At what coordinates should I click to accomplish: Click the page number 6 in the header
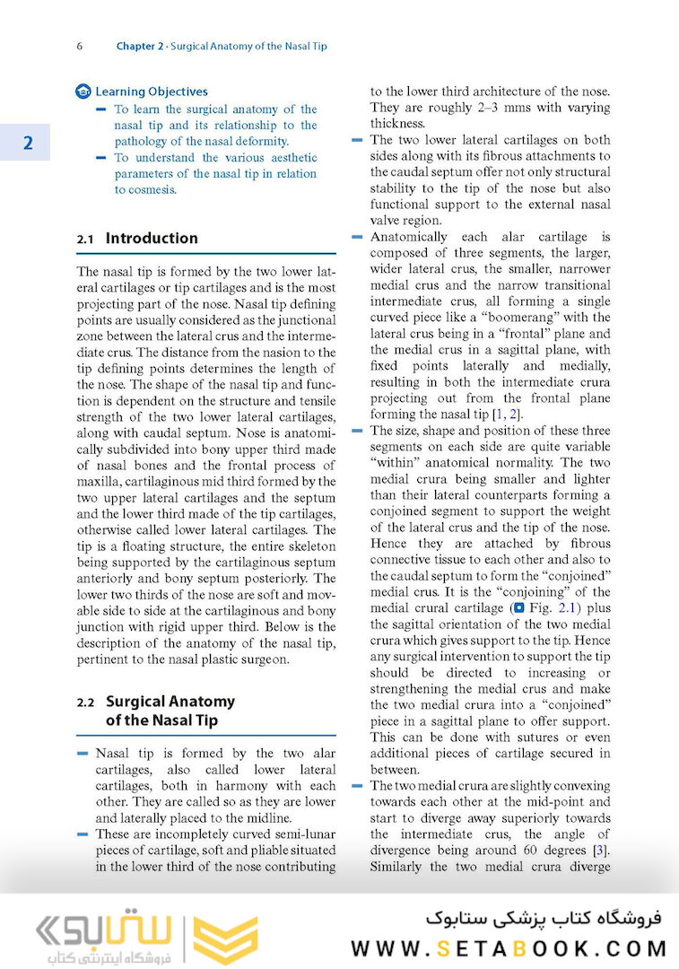pyautogui.click(x=80, y=46)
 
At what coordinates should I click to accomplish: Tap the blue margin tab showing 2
pyautogui.click(x=26, y=143)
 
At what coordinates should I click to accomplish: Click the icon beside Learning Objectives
pyautogui.click(x=83, y=92)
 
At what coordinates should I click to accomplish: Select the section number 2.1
pyautogui.click(x=85, y=239)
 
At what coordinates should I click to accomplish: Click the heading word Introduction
pyautogui.click(x=152, y=239)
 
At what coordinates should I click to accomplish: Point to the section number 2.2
pyautogui.click(x=85, y=703)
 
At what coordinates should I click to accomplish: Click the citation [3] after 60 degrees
pyautogui.click(x=604, y=850)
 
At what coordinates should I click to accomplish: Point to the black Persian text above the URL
pyautogui.click(x=543, y=918)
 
